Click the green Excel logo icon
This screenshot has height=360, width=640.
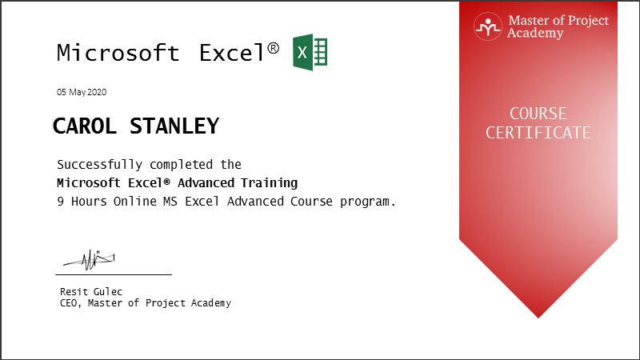coord(310,52)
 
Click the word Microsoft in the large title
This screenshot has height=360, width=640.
coord(118,53)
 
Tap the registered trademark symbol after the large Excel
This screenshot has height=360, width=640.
coord(274,48)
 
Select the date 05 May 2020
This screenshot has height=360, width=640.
coord(82,92)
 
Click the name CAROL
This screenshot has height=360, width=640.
coord(85,126)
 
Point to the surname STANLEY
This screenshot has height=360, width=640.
coord(174,126)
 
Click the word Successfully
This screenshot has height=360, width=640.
coord(99,165)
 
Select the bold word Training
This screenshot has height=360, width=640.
coord(269,183)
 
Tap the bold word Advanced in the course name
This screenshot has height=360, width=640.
coord(206,183)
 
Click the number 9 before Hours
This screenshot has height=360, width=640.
coord(61,202)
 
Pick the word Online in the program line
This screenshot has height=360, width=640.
coord(134,202)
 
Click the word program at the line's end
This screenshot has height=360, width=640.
coord(365,202)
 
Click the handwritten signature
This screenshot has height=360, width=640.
coord(90,259)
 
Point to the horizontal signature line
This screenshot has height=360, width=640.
coord(114,274)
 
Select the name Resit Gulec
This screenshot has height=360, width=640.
coord(91,291)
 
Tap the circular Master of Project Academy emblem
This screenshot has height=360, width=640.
coord(488,26)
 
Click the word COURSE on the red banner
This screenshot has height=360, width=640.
coord(538,114)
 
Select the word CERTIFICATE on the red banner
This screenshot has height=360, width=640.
coord(538,133)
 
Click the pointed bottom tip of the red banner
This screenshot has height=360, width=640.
coord(538,318)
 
